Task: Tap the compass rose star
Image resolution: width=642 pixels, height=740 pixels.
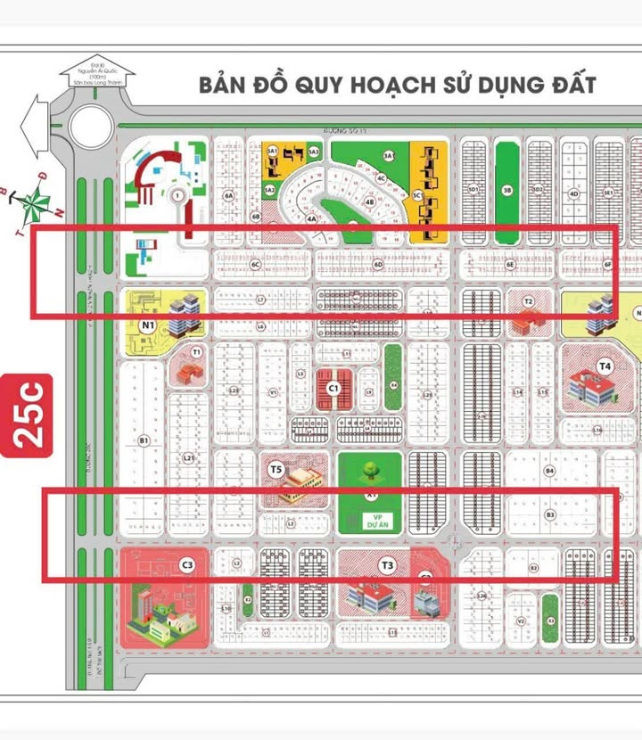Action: pos(35,202)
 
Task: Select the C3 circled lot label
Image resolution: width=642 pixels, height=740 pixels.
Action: pos(187,563)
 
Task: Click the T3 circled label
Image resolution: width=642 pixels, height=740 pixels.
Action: pos(387,563)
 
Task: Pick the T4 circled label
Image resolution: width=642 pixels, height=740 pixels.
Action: pos(605,365)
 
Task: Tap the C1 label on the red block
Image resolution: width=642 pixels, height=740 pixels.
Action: pos(333,388)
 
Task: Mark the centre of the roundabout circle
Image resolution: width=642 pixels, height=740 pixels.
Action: pos(89,125)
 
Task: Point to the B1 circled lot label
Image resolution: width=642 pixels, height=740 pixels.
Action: pos(143,440)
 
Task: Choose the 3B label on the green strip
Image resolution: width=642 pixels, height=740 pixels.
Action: pos(506,190)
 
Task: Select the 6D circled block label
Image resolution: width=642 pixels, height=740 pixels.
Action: pos(378,264)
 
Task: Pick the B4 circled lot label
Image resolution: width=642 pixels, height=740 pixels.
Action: pos(550,470)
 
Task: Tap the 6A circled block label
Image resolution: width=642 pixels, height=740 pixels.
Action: pos(229,194)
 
